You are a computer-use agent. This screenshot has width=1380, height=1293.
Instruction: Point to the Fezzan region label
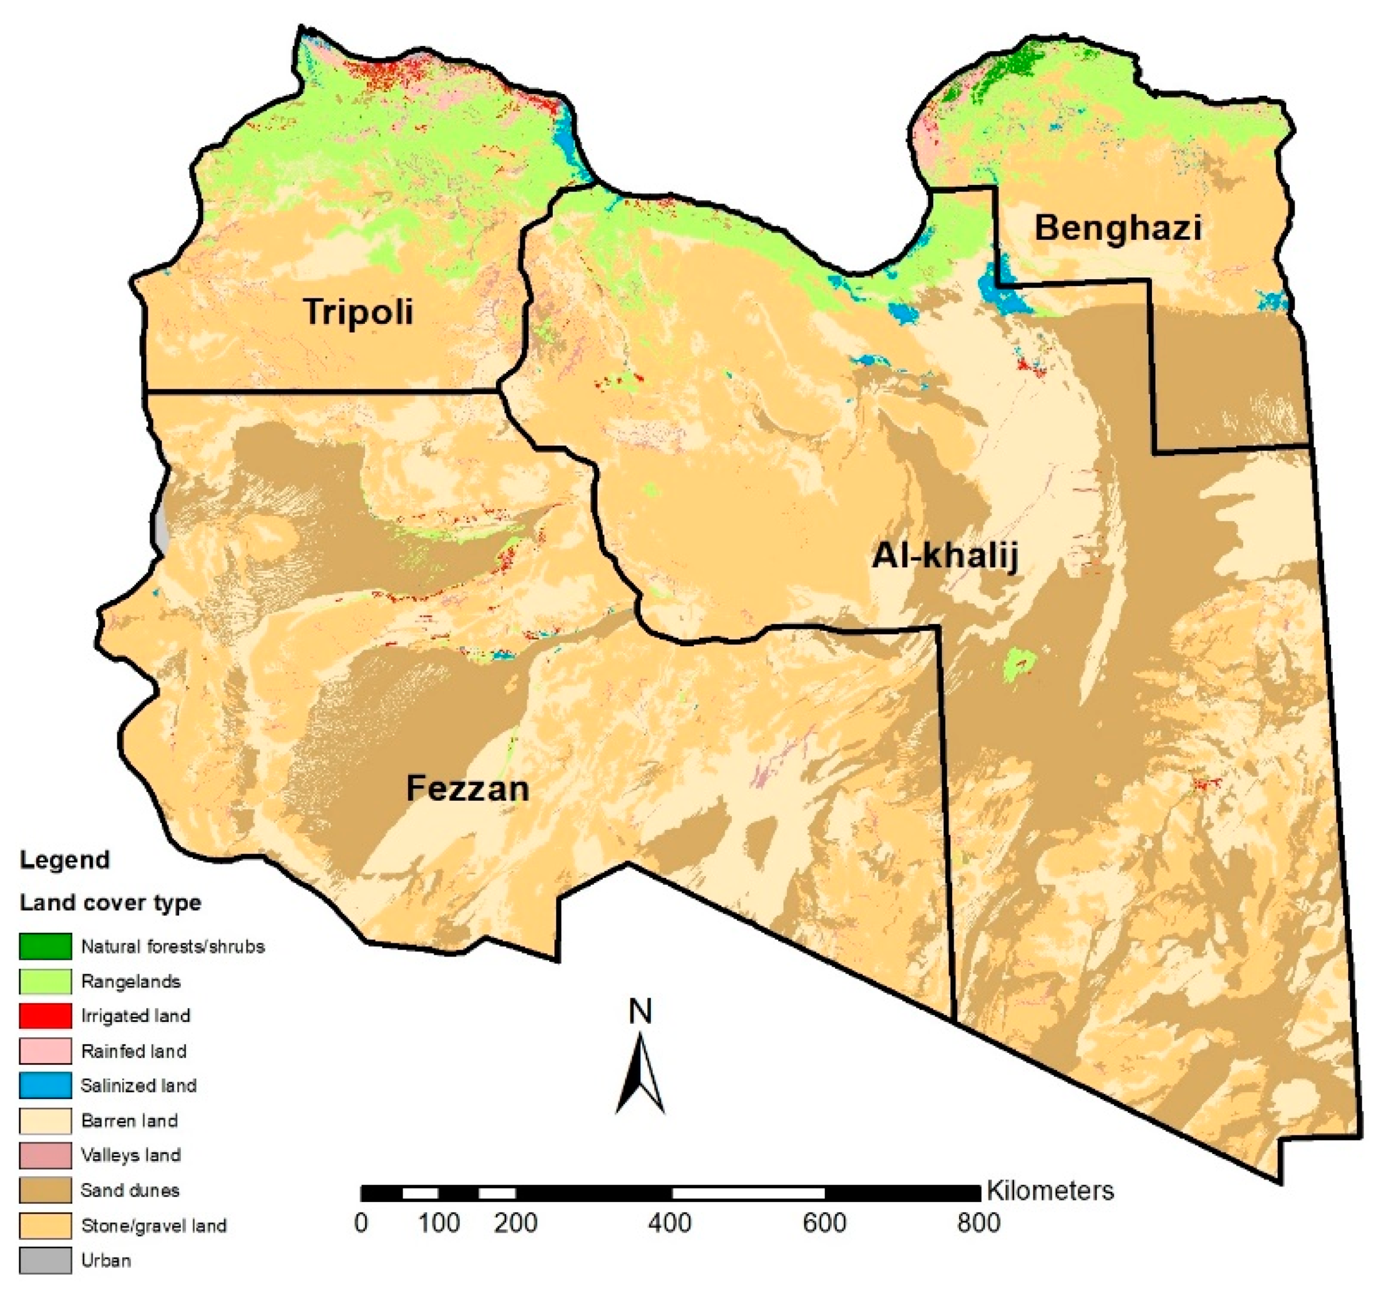467,789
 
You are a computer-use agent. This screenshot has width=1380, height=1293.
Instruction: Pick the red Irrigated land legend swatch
45,1016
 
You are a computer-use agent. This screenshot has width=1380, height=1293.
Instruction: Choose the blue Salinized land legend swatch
45,1085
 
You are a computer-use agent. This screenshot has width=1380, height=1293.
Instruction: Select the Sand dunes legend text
130,1190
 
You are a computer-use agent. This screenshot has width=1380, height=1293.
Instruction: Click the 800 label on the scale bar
978,1223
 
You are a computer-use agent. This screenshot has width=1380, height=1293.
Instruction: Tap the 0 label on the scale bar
361,1223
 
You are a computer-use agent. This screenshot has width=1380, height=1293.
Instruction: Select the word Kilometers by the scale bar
1049,1190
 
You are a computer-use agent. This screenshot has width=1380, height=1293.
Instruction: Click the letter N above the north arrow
640,1012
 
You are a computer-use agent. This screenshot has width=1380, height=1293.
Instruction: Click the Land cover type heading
110,903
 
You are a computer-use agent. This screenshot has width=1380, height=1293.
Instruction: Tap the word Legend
65,860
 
